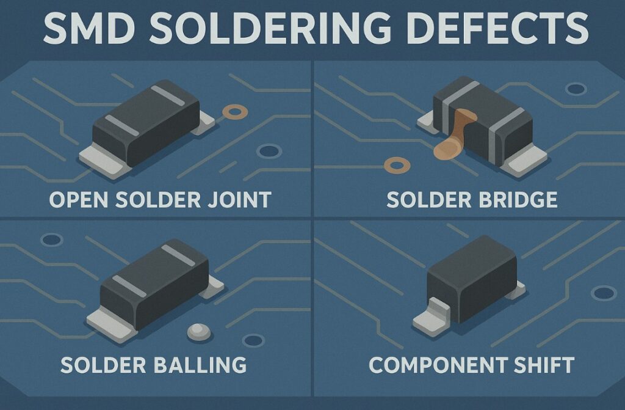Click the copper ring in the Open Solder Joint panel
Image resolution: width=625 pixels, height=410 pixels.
[x=231, y=112]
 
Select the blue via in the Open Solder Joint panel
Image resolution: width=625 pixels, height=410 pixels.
[x=267, y=151]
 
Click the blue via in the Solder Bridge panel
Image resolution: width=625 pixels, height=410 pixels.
[x=576, y=89]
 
